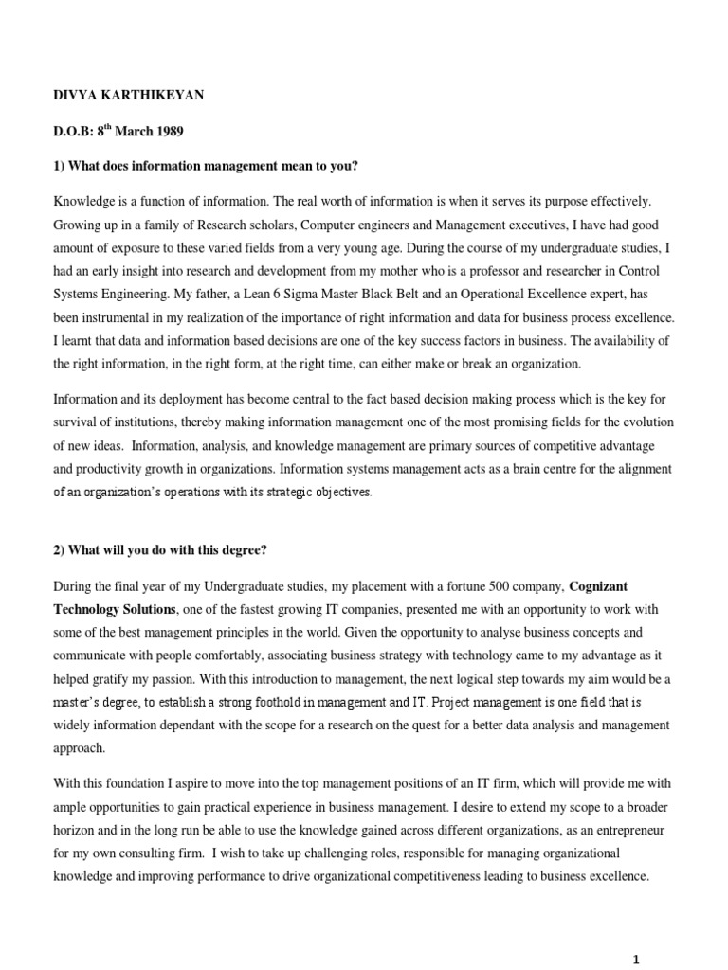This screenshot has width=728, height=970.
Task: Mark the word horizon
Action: (76, 828)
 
